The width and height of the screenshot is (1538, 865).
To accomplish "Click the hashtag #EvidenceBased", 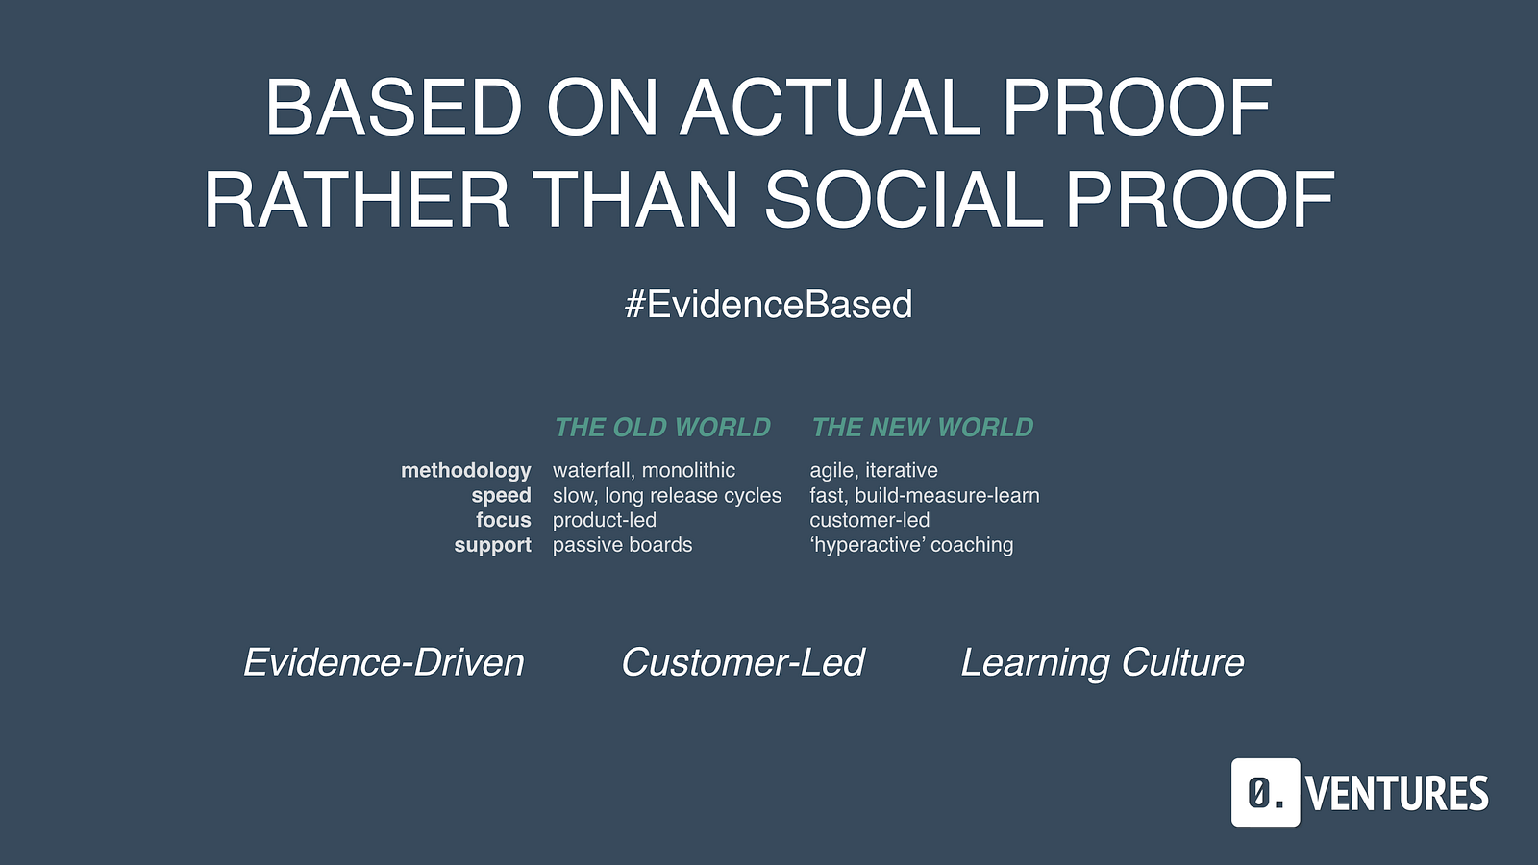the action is pyautogui.click(x=768, y=304).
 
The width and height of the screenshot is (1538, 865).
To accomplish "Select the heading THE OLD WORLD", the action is pyautogui.click(x=662, y=427).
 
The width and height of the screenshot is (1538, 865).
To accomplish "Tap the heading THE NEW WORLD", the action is pyautogui.click(x=922, y=427).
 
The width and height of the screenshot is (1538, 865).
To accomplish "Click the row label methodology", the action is pyautogui.click(x=465, y=471).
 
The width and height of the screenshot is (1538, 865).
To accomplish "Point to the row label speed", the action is pyautogui.click(x=501, y=496).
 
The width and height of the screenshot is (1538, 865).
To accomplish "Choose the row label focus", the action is pyautogui.click(x=504, y=520).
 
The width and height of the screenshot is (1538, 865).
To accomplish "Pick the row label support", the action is pyautogui.click(x=492, y=545).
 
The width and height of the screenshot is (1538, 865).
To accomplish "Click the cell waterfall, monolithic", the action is pyautogui.click(x=644, y=470).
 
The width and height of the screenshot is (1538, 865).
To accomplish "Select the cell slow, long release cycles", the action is pyautogui.click(x=667, y=496).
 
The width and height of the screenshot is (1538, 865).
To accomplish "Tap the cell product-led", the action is pyautogui.click(x=605, y=520).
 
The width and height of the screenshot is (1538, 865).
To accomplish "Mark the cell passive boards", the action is pyautogui.click(x=622, y=545).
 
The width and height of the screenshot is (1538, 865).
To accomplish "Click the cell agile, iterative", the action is pyautogui.click(x=874, y=470).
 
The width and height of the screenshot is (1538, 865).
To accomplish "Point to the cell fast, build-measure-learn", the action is pyautogui.click(x=924, y=496).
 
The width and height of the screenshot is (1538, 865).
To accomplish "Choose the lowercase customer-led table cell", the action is pyautogui.click(x=869, y=520).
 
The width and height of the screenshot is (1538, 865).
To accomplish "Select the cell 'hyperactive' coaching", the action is pyautogui.click(x=911, y=545).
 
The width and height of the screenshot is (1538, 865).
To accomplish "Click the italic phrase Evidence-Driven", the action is pyautogui.click(x=384, y=662).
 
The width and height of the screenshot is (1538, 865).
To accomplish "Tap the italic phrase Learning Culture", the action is pyautogui.click(x=1102, y=663).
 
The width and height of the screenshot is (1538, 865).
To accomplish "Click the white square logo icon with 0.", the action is pyautogui.click(x=1265, y=792).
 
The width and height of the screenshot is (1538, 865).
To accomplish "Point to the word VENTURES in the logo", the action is pyautogui.click(x=1398, y=794).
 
